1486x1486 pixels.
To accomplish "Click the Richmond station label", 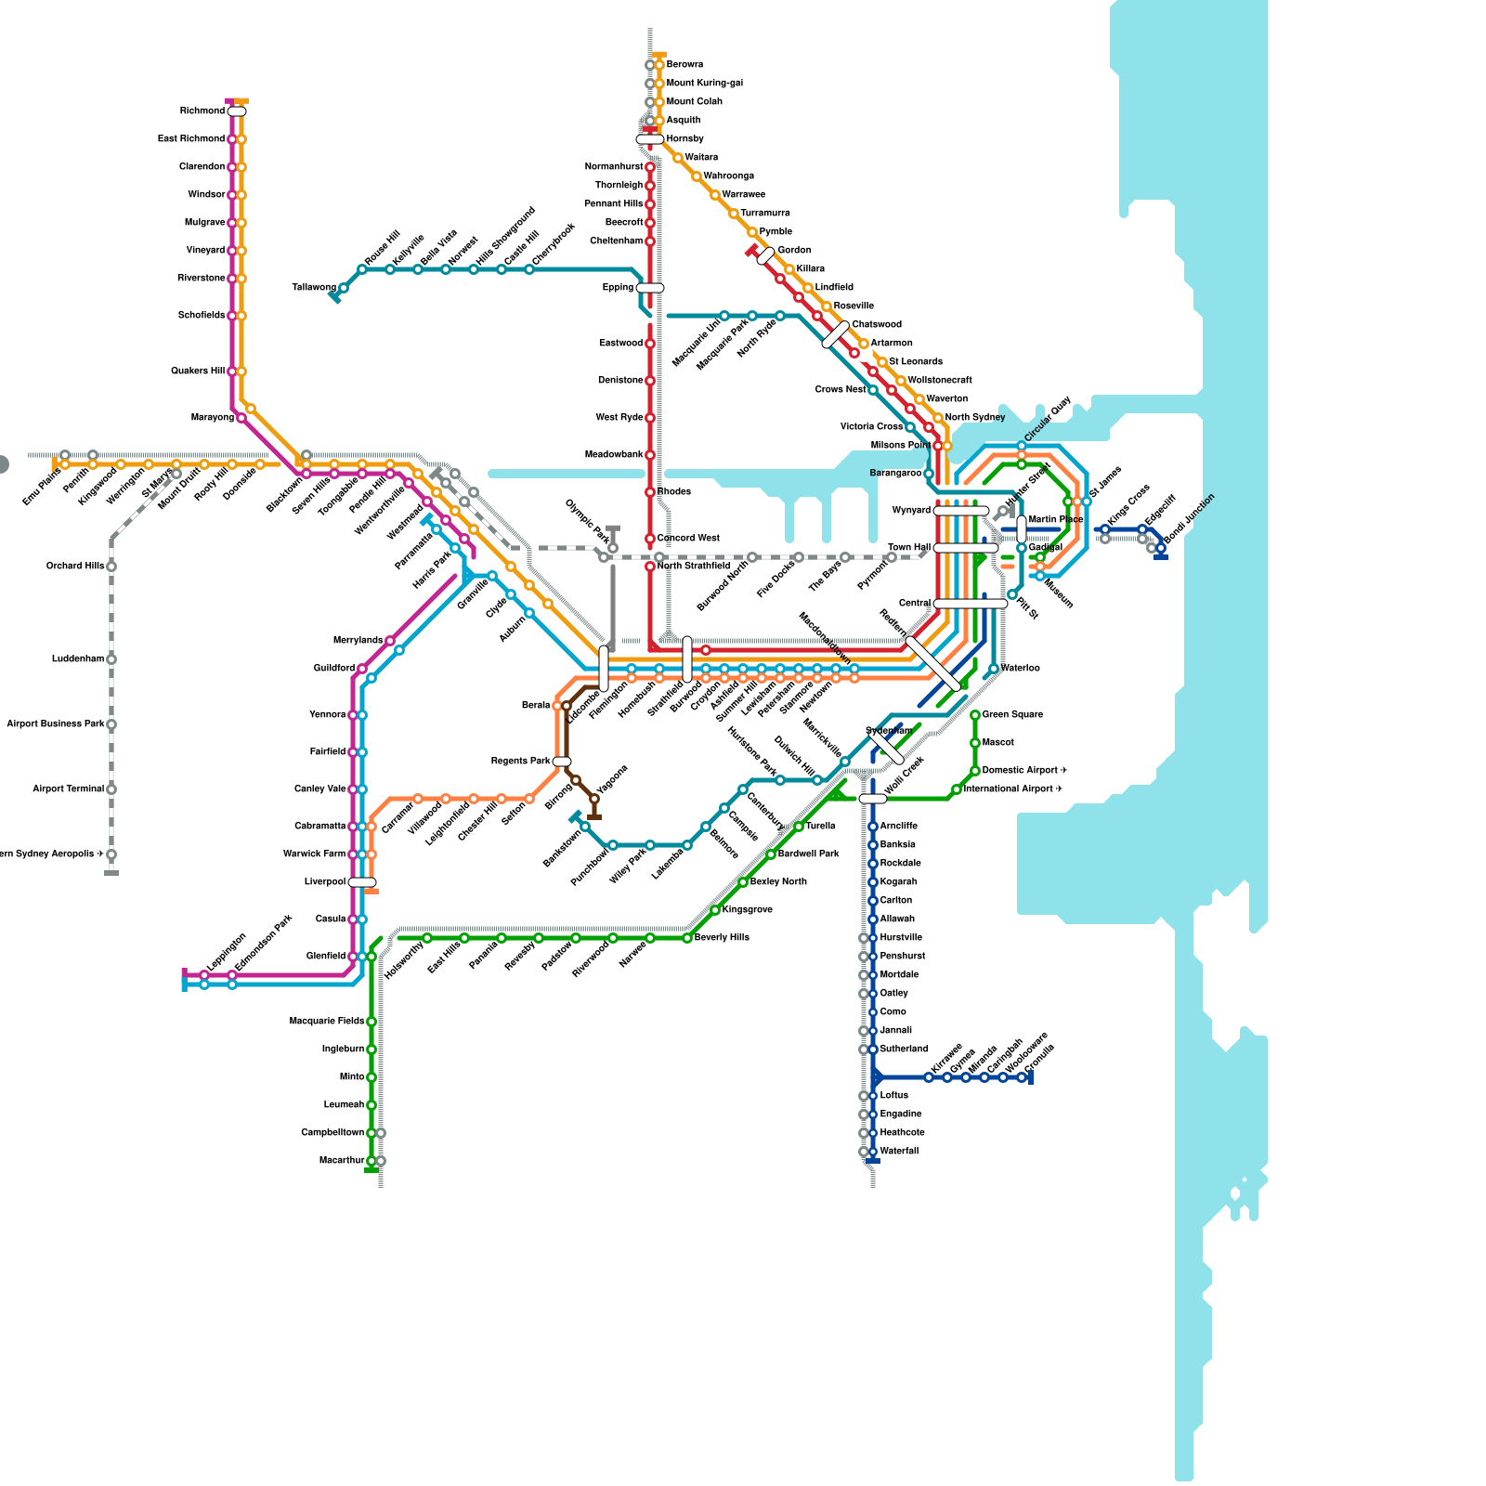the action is pos(202,111).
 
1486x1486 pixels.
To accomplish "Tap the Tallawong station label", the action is pos(314,288).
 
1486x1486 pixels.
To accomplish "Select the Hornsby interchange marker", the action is pos(650,139).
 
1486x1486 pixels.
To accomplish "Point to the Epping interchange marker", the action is pos(650,288).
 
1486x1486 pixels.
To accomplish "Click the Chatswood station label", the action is pos(877,325).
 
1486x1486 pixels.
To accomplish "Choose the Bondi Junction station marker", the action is pos(1161,548).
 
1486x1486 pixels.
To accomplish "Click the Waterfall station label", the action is pos(899,1152).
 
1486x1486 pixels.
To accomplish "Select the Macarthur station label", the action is pos(341,1161).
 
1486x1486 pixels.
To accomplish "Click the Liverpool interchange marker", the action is pos(362,882).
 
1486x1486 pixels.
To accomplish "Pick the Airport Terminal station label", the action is pos(68,789).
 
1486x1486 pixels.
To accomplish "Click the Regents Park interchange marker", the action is pos(562,762).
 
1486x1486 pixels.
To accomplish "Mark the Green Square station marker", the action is pos(975,715).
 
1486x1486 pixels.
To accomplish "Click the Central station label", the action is pos(914,604).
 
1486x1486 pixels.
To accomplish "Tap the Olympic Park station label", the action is pos(587,522).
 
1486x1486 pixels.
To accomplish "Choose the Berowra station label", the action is pos(684,65).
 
